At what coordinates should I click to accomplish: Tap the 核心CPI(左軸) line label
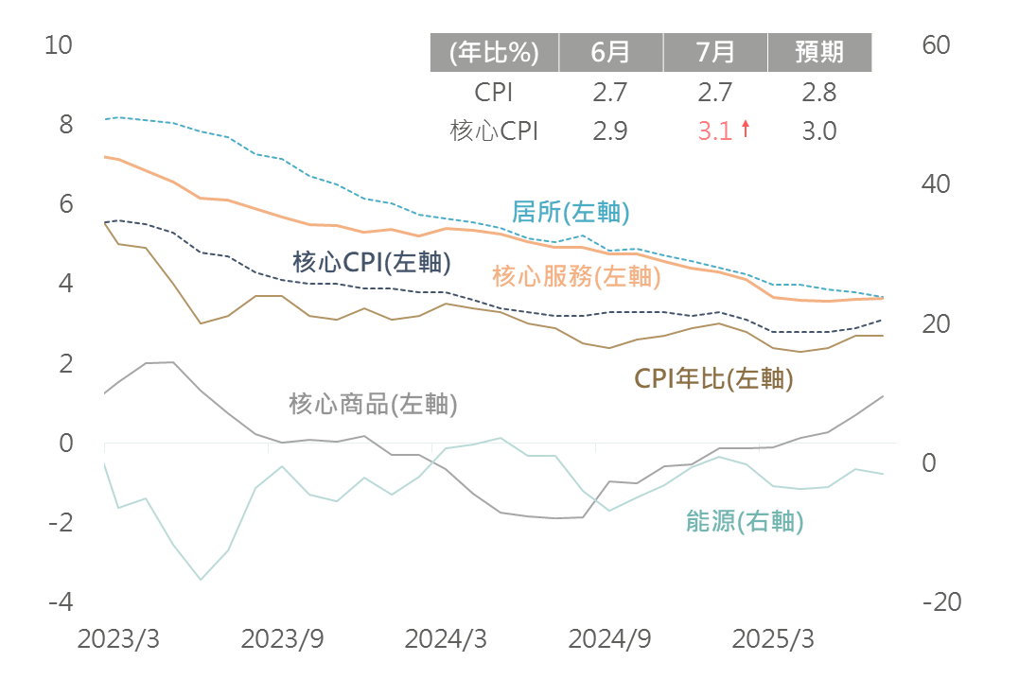[371, 262]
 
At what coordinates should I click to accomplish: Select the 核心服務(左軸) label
[576, 277]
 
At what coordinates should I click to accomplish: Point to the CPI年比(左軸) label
[713, 379]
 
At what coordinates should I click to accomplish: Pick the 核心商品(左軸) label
[373, 405]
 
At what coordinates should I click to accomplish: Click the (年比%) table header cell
[494, 52]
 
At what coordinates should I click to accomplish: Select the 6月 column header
[610, 52]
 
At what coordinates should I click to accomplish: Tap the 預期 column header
[818, 52]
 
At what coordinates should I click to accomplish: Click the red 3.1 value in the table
[714, 131]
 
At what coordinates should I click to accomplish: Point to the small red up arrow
[745, 130]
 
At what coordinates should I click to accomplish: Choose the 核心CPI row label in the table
[494, 131]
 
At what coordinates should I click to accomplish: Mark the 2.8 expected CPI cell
[818, 93]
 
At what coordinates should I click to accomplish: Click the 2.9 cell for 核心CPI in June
[610, 131]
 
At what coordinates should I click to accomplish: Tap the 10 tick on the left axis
[59, 44]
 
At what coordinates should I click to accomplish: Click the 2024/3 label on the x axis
[445, 639]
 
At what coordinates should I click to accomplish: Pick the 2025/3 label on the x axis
[773, 639]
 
